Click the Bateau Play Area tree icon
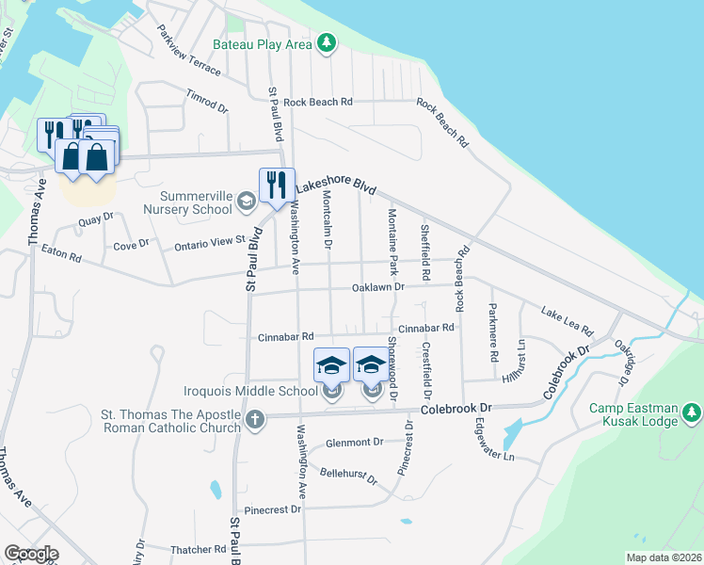[326, 43]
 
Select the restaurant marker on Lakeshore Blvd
[276, 184]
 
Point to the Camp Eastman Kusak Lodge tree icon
[692, 412]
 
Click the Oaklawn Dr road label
[377, 286]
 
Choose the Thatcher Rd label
[199, 549]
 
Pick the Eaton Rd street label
[61, 254]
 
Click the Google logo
[31, 553]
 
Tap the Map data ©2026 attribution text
[663, 557]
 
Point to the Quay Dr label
[96, 221]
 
